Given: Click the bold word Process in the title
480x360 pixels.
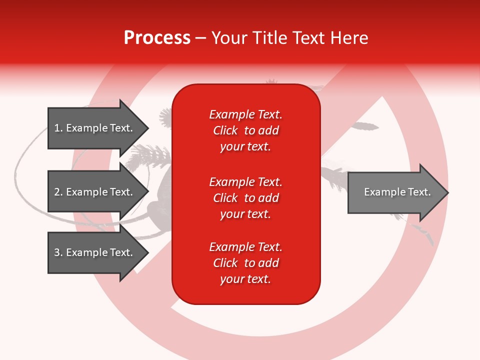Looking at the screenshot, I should [157, 38].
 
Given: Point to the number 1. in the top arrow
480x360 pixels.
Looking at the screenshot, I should [58, 128].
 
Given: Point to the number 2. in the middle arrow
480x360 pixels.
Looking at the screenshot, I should [58, 192].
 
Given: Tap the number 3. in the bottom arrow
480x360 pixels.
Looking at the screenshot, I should [58, 252].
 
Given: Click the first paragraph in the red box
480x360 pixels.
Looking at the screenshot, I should [245, 130].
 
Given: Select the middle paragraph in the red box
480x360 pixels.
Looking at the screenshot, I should [245, 198].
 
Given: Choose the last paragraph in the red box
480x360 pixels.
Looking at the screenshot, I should [245, 263].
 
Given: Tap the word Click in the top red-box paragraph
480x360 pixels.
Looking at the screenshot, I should [225, 130].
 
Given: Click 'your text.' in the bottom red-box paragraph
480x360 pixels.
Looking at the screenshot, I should [245, 279].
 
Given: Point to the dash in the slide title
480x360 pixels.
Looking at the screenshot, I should [200, 38].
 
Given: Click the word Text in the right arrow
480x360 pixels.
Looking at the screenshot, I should [419, 192].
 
